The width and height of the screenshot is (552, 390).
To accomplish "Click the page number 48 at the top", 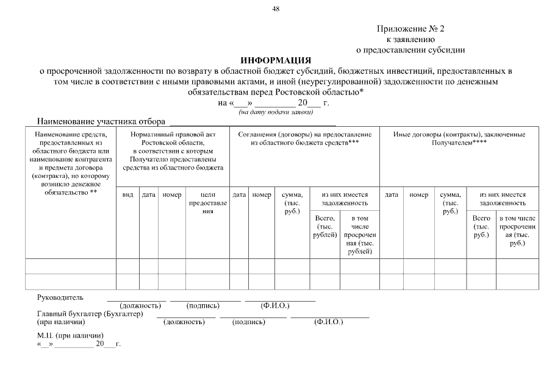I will pyautogui.click(x=276, y=8).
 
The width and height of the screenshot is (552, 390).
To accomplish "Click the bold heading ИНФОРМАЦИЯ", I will pyautogui.click(x=276, y=60).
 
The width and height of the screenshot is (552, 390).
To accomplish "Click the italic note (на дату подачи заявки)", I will pyautogui.click(x=276, y=112).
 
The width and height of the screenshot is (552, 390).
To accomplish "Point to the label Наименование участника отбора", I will pyautogui.click(x=101, y=121).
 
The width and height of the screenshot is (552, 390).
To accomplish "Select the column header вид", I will pyautogui.click(x=127, y=194).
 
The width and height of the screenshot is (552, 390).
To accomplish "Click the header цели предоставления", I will pyautogui.click(x=208, y=202).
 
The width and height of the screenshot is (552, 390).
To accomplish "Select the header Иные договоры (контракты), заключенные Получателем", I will pyautogui.click(x=459, y=138).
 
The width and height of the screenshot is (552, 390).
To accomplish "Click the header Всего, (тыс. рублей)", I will pyautogui.click(x=324, y=226).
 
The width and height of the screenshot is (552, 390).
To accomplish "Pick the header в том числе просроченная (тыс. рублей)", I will pyautogui.click(x=360, y=234).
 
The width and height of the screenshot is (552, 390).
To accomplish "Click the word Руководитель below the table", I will pyautogui.click(x=60, y=297).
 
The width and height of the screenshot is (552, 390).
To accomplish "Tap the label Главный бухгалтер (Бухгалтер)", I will pyautogui.click(x=90, y=314).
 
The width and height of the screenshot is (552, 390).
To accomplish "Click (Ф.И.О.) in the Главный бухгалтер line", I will pyautogui.click(x=329, y=322).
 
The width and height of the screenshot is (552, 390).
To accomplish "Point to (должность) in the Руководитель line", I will pyautogui.click(x=140, y=305).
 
